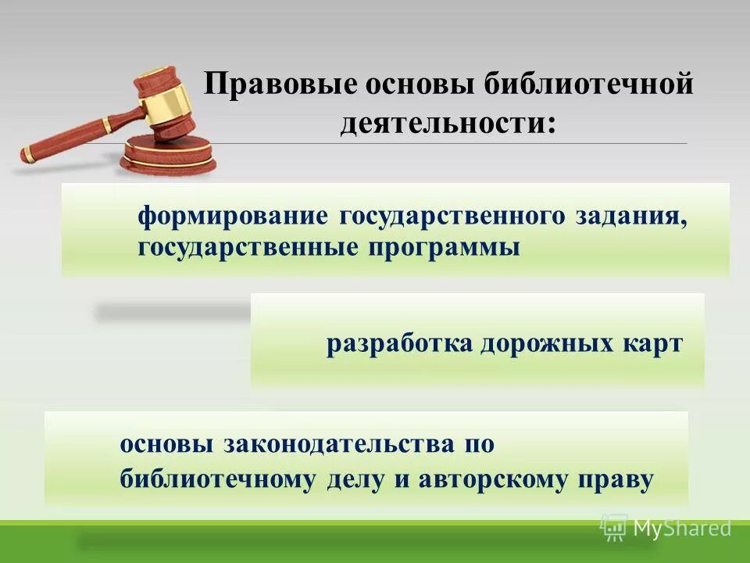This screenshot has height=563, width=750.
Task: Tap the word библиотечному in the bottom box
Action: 216,479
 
